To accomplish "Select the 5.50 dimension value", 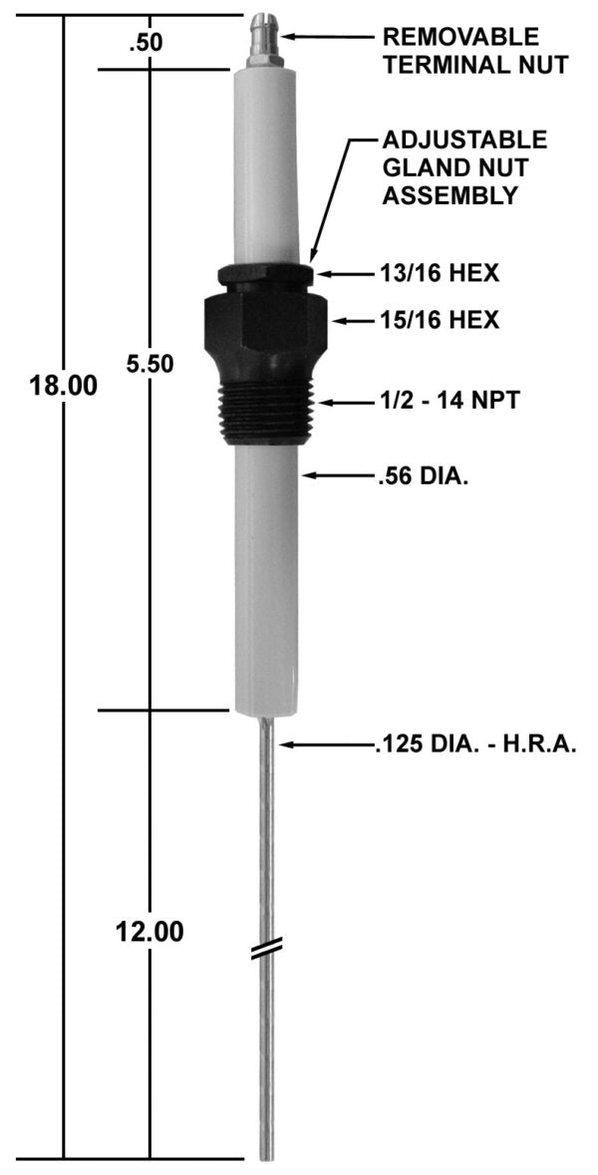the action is pyautogui.click(x=149, y=364).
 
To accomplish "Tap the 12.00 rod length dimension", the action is pyautogui.click(x=149, y=933).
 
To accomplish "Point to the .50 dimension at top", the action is pyautogui.click(x=145, y=43).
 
